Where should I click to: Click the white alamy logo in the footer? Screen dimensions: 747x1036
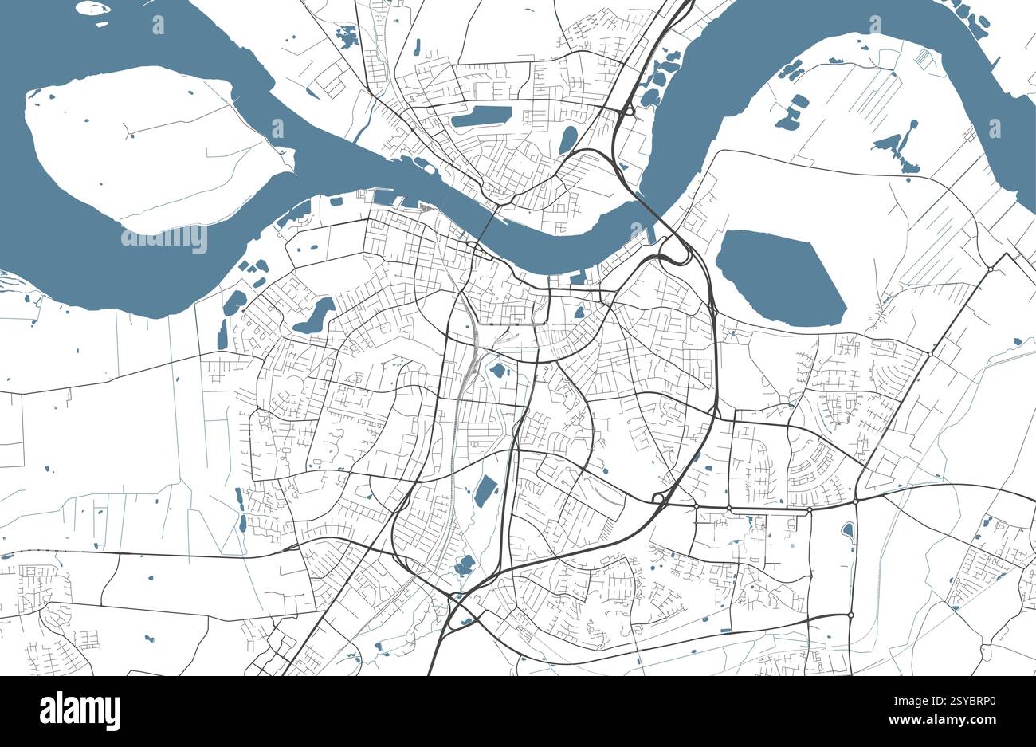tap(80, 710)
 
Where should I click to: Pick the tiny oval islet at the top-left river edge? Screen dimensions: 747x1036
tap(92, 8)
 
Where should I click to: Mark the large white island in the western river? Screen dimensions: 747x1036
tap(151, 147)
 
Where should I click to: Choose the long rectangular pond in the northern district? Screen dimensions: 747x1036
tap(481, 116)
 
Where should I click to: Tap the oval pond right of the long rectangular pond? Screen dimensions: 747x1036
tap(567, 139)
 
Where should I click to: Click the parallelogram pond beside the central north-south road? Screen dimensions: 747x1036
tap(484, 491)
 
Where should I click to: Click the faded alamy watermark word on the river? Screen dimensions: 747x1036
tap(163, 238)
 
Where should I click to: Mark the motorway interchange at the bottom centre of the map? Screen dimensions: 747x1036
tap(457, 614)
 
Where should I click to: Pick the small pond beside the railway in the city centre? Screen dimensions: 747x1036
tap(498, 370)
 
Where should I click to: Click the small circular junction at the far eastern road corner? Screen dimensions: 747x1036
tap(991, 269)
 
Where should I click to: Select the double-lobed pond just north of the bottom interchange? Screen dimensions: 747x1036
tap(463, 565)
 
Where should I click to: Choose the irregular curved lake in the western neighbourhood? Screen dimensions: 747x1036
tap(314, 316)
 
